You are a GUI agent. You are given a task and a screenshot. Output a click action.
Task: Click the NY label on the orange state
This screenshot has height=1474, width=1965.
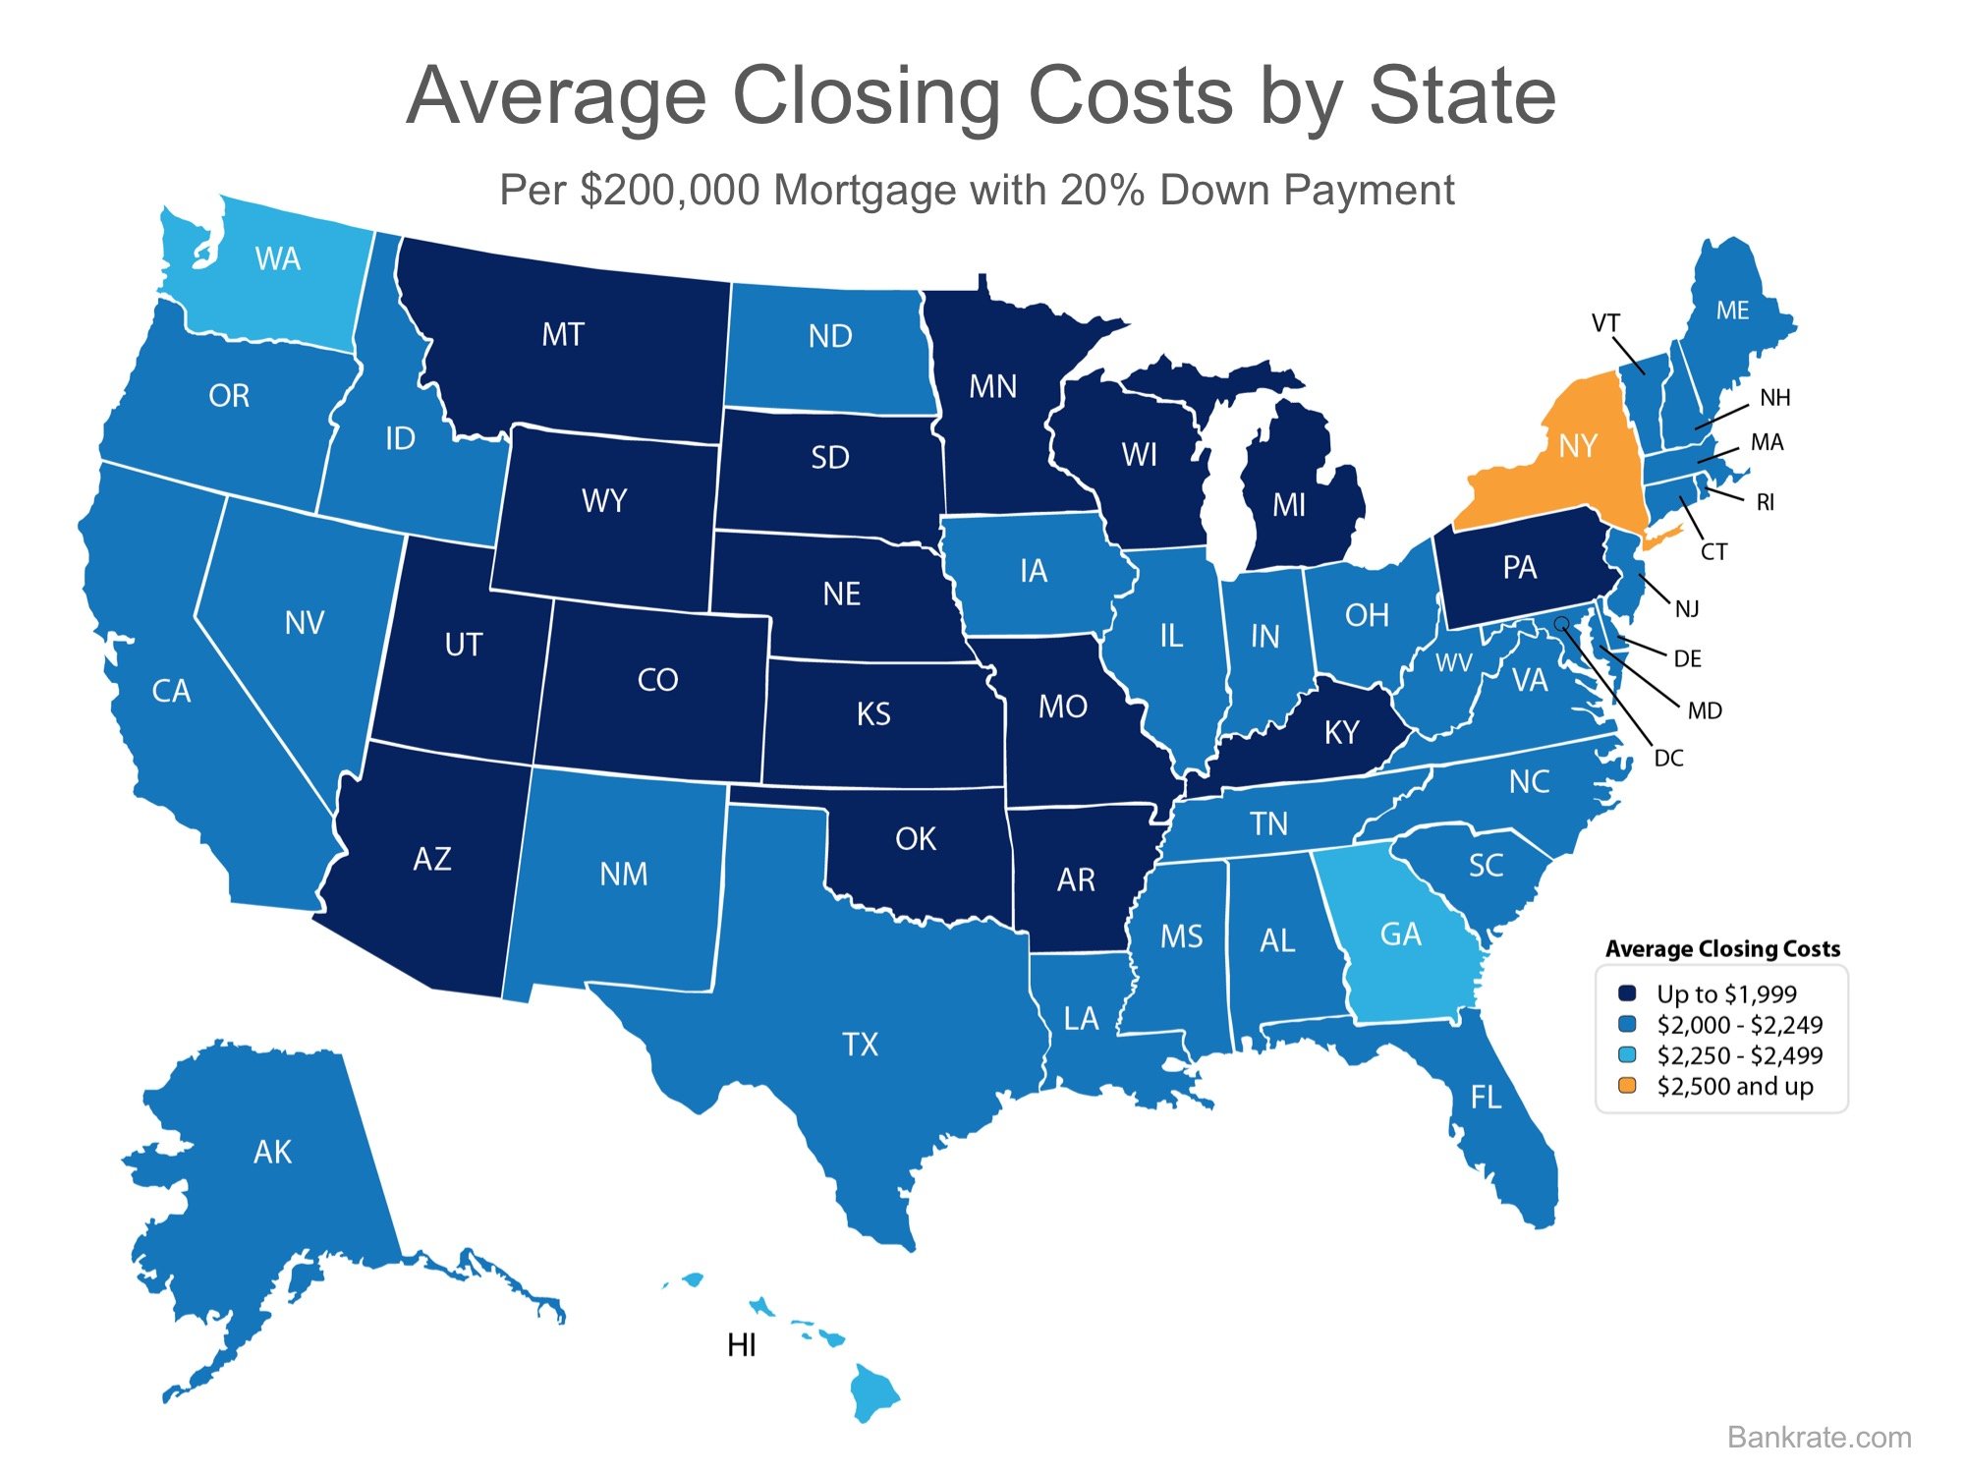click(1578, 446)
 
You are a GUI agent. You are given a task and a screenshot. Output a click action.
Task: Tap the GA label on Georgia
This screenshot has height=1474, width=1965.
click(1400, 934)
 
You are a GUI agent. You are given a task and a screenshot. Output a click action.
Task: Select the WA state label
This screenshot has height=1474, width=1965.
click(277, 259)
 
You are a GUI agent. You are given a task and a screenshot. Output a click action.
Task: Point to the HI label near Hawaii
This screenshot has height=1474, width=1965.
click(742, 1345)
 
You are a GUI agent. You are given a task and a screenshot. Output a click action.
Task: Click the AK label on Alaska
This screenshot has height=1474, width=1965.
click(272, 1152)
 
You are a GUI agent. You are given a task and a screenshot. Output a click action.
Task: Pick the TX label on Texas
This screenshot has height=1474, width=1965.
click(860, 1044)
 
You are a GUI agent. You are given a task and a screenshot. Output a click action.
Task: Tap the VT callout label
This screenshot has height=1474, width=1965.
click(1605, 322)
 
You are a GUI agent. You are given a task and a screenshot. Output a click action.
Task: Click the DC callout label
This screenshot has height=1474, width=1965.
click(1668, 758)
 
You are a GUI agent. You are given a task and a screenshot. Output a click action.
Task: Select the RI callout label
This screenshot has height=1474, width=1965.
click(1766, 502)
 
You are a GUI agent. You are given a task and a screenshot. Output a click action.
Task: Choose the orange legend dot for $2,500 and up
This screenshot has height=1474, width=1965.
click(1627, 1086)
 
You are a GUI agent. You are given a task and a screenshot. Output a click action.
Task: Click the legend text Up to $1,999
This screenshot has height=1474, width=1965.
click(1726, 993)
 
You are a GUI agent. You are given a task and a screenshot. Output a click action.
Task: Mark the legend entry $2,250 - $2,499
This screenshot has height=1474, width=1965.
click(1739, 1055)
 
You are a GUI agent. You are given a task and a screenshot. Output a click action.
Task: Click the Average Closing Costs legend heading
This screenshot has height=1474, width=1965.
click(1722, 948)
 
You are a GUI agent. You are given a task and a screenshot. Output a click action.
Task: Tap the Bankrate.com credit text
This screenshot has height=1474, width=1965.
click(1820, 1437)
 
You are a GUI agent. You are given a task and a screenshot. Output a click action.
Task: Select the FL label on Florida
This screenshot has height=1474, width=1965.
click(1486, 1097)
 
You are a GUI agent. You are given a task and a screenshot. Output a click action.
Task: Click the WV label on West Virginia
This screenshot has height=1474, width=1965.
click(1454, 663)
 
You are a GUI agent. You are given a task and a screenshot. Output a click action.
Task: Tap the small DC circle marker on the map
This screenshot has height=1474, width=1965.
click(1561, 623)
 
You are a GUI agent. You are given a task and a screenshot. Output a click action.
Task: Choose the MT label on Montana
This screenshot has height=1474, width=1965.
click(563, 335)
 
